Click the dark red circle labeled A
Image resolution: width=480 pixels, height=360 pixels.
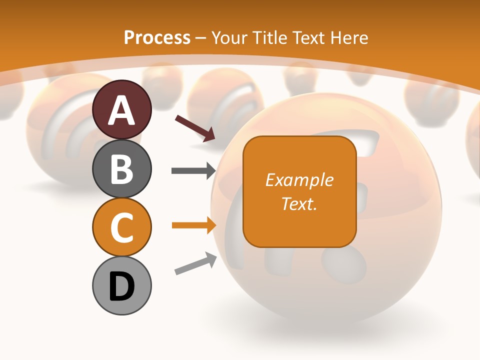click(122, 109)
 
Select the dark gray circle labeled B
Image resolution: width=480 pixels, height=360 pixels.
click(122, 168)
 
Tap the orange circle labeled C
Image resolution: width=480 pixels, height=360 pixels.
click(122, 227)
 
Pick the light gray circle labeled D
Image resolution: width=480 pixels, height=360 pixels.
click(122, 285)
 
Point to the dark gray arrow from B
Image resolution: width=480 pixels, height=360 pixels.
click(193, 171)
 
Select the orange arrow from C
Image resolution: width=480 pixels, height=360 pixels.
click(193, 225)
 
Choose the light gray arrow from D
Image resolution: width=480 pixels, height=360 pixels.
click(195, 264)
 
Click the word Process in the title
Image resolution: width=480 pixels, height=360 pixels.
click(157, 37)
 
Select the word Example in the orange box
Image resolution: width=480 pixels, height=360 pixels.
click(299, 180)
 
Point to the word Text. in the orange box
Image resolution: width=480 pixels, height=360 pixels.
click(299, 203)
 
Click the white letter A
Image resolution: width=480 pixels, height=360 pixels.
click(122, 110)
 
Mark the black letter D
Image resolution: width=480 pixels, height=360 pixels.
click(122, 286)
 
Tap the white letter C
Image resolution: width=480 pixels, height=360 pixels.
click(122, 227)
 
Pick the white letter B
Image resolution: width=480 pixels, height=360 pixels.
click(122, 169)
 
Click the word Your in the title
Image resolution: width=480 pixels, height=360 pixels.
click(230, 37)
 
